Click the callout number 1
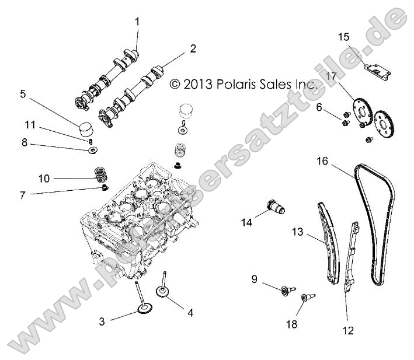coord(137,22)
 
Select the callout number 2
coord(192,49)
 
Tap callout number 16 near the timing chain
coord(322,160)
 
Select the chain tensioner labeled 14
coord(274,208)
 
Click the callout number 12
coord(348,330)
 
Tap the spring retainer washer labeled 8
coord(92,151)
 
